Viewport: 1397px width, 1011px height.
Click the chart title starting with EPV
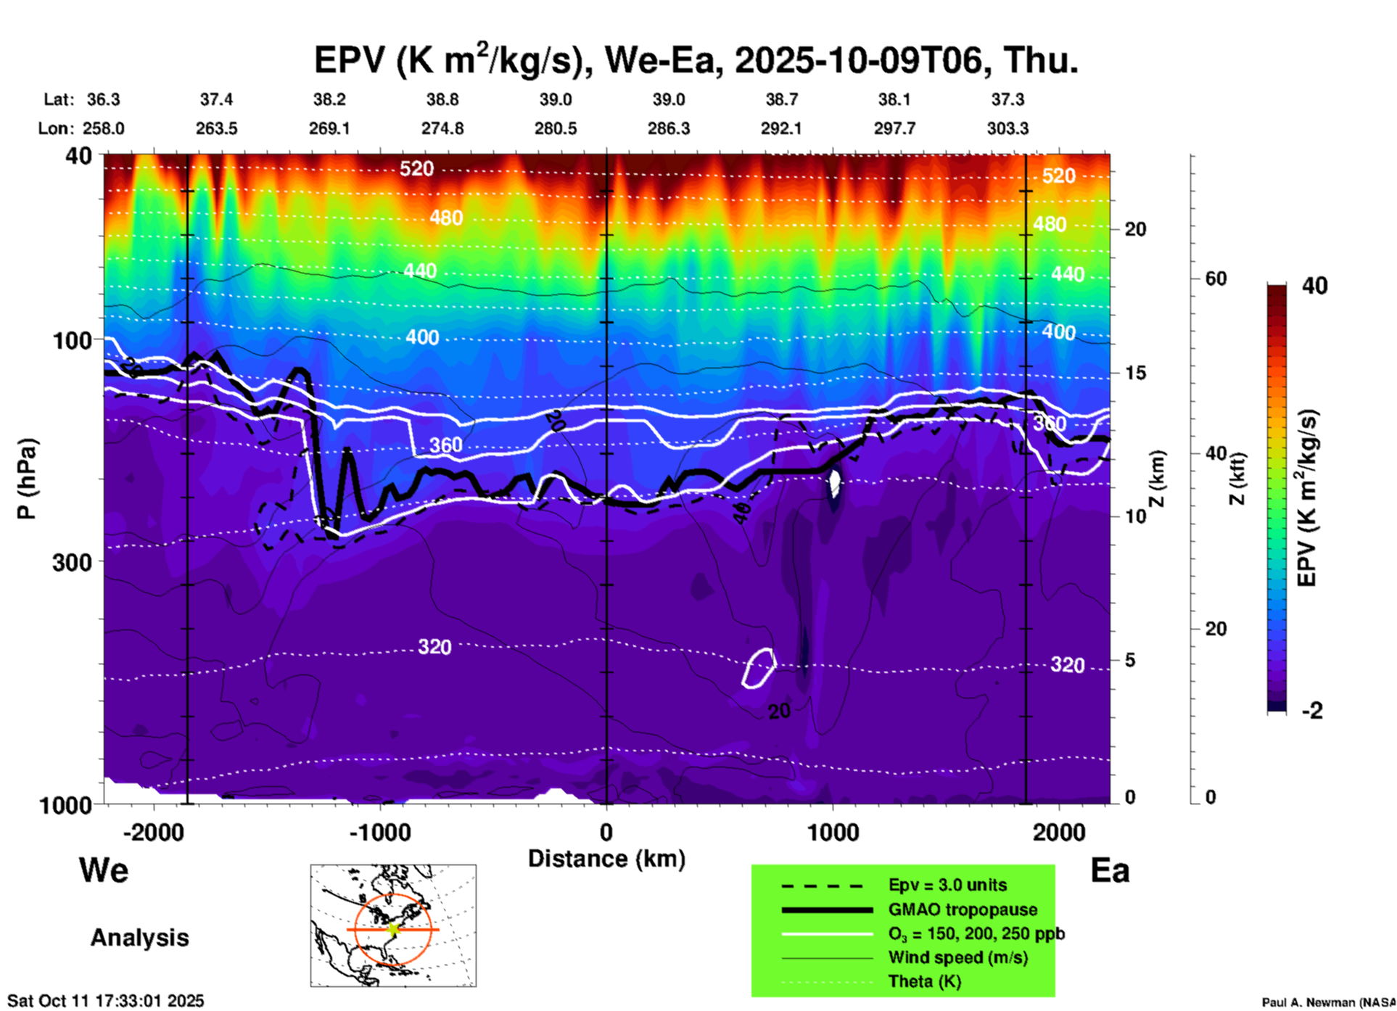point(696,59)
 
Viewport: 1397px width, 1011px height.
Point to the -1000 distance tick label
point(379,832)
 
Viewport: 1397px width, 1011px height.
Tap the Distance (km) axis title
point(606,859)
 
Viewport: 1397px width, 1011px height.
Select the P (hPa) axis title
point(26,479)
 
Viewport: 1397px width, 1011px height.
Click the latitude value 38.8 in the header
point(442,99)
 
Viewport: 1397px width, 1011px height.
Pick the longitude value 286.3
point(669,128)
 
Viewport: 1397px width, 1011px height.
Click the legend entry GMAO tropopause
point(963,909)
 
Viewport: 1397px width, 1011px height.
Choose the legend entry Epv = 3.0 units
point(947,886)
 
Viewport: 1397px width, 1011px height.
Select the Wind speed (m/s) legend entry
point(957,957)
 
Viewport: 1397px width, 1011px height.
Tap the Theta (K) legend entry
point(924,981)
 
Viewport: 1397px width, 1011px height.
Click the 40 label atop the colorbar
point(1314,286)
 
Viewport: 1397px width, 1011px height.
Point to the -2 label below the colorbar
point(1312,711)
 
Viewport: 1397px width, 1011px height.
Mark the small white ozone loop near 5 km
point(759,667)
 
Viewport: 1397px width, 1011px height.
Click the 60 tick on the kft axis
point(1216,278)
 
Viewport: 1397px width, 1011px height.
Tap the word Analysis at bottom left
point(139,938)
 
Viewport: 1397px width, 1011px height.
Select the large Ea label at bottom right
point(1110,870)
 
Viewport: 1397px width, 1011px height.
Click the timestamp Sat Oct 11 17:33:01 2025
point(106,1001)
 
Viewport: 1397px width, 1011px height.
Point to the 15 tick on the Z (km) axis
point(1134,373)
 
